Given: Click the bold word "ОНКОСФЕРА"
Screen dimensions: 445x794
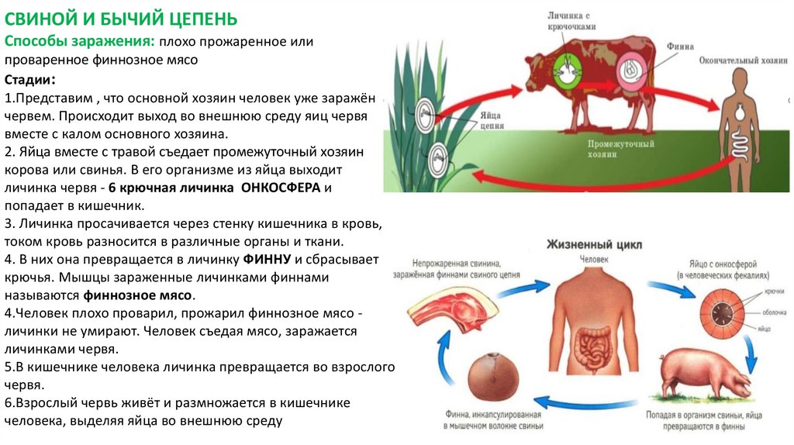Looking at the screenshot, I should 282,188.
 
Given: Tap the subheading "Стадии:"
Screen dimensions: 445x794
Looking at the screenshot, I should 29,81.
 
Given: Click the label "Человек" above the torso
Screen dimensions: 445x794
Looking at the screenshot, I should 593,258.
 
